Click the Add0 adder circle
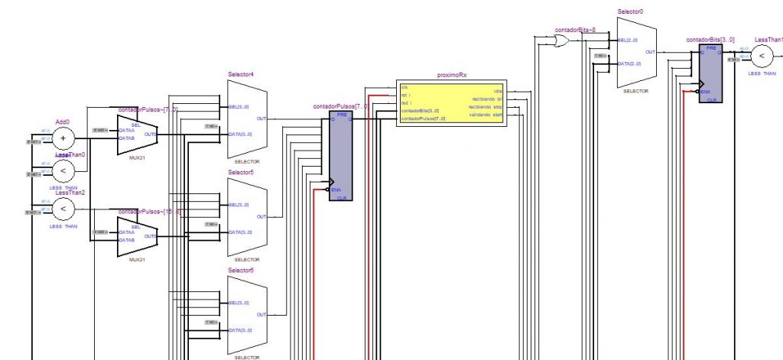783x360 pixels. click(x=63, y=138)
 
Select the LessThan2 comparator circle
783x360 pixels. click(x=63, y=209)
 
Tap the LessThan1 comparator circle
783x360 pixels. click(x=762, y=56)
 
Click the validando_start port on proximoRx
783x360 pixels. click(x=486, y=115)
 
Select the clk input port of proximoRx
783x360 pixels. click(x=404, y=87)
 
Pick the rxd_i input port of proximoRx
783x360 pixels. click(x=406, y=102)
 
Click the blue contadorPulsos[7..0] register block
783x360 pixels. click(x=341, y=156)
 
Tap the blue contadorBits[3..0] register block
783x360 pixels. click(x=711, y=73)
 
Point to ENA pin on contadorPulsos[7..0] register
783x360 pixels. click(x=336, y=190)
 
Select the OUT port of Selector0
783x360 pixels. click(x=650, y=52)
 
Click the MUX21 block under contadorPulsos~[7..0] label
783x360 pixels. click(x=137, y=135)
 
